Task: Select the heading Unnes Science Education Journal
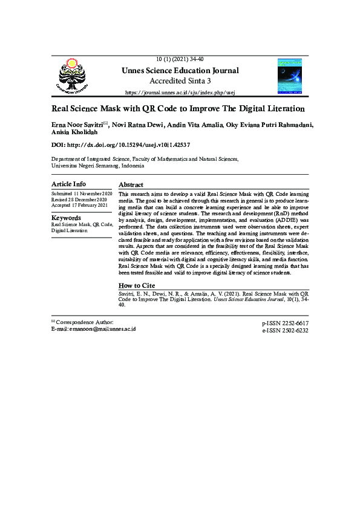click(x=180, y=71)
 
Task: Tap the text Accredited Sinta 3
click(x=180, y=81)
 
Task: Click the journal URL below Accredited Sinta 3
click(x=180, y=92)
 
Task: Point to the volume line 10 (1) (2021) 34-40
click(x=180, y=59)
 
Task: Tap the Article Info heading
click(x=68, y=184)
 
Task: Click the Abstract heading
click(x=131, y=184)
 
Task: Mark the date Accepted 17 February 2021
click(x=79, y=206)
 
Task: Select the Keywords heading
click(x=66, y=218)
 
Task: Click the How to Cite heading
click(x=137, y=285)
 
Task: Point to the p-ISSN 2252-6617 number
click(x=285, y=324)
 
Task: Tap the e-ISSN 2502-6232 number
click(x=285, y=331)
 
